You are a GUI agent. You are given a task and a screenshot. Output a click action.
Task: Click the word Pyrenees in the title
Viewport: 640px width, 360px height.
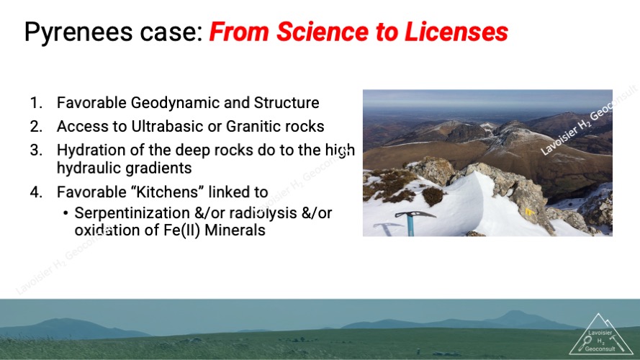click(x=78, y=32)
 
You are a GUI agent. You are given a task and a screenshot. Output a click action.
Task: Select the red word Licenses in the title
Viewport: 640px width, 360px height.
click(x=456, y=32)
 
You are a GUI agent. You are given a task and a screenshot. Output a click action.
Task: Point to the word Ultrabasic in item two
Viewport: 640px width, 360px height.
click(x=167, y=127)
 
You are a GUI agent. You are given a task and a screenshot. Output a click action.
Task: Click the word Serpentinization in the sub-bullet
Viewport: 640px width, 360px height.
click(x=132, y=213)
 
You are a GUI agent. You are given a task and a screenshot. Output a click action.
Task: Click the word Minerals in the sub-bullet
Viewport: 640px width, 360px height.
click(x=235, y=230)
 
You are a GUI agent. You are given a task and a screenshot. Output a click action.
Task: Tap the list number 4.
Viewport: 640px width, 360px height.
click(x=35, y=192)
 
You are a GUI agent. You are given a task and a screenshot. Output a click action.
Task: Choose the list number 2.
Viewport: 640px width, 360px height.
click(x=35, y=127)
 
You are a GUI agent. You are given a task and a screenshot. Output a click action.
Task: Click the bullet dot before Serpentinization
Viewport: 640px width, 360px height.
click(x=66, y=213)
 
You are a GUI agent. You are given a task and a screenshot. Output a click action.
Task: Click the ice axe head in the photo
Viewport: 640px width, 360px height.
click(x=414, y=215)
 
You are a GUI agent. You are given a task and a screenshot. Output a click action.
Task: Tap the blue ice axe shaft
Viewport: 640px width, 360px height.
click(x=410, y=226)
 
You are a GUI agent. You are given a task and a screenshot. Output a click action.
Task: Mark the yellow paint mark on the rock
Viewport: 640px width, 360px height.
click(x=529, y=212)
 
